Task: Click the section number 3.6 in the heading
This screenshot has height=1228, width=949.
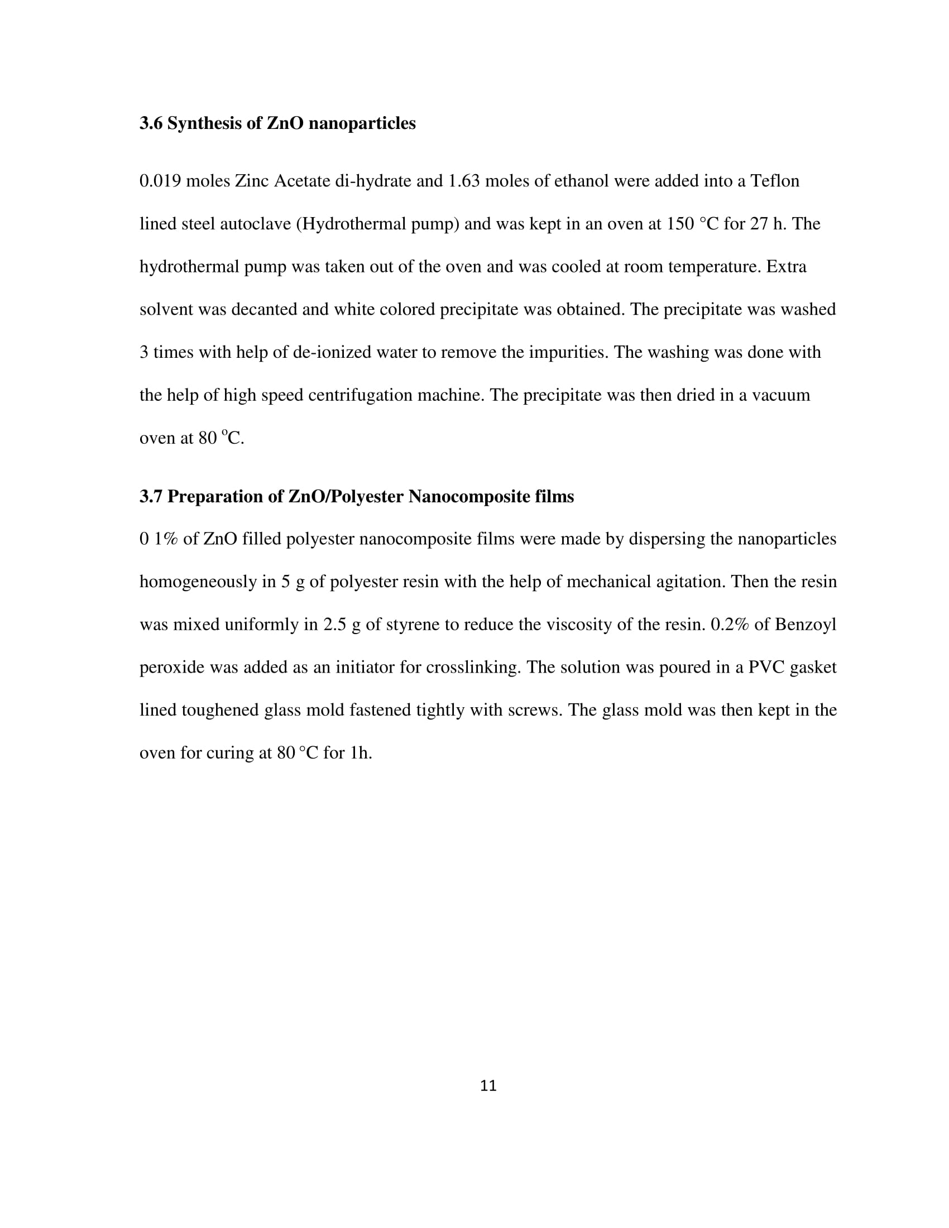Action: click(151, 123)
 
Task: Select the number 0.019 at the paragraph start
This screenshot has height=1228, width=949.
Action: click(160, 181)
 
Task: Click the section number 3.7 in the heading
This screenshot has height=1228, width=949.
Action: click(151, 496)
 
